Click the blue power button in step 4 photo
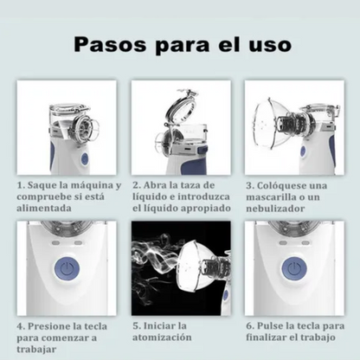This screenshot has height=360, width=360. pos(65,269)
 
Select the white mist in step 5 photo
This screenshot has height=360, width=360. pos(156,260)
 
